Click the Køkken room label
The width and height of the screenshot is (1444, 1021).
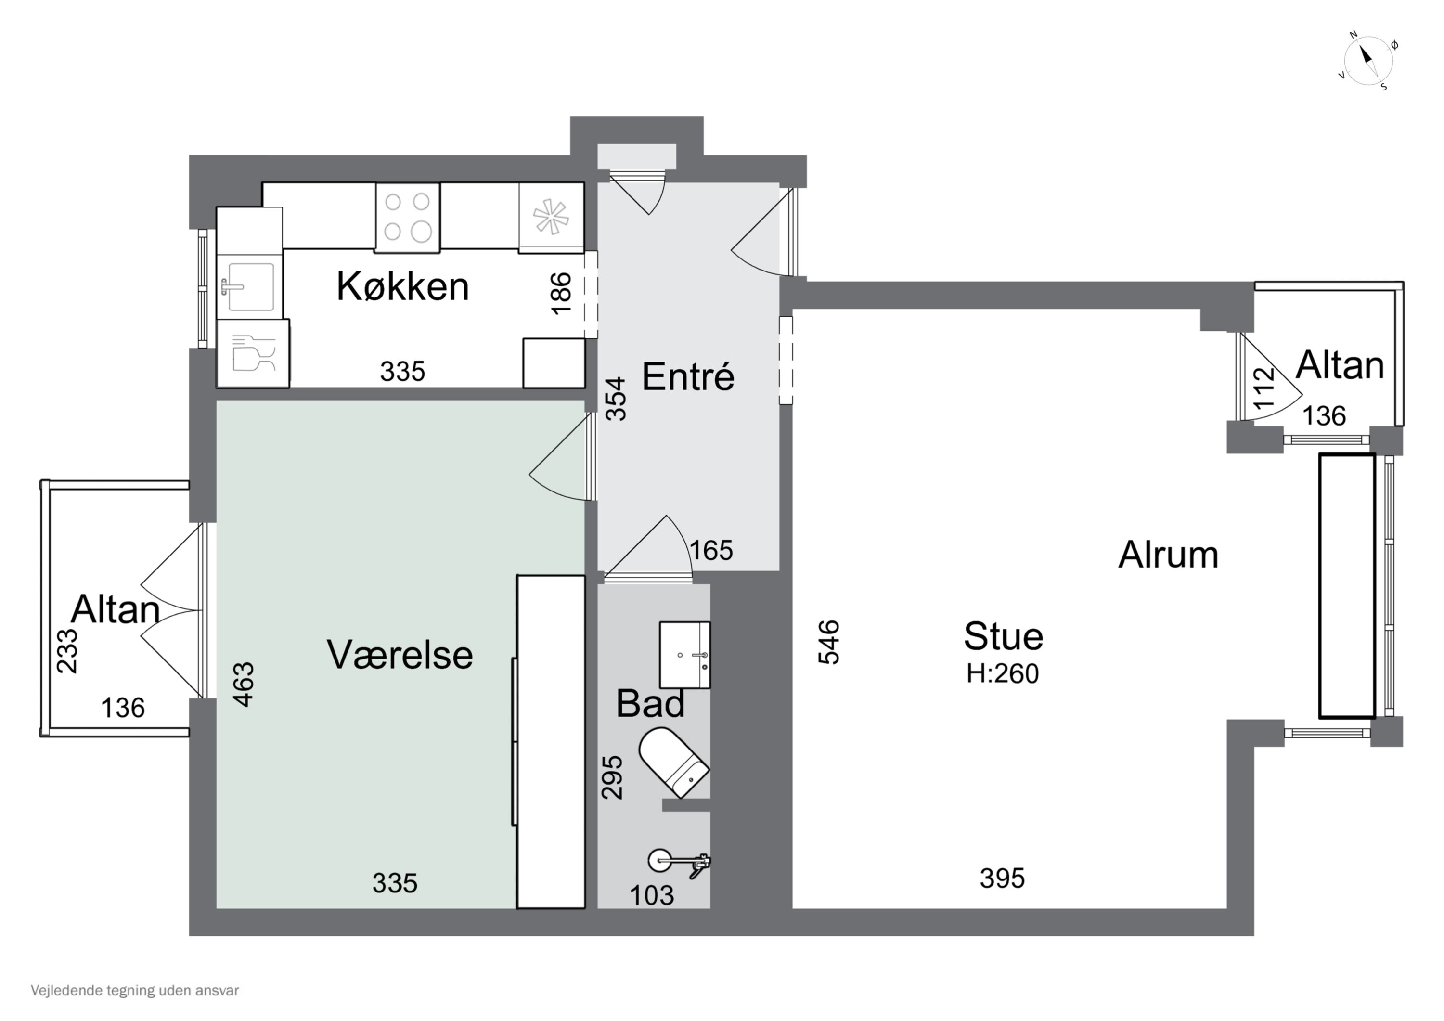[402, 287]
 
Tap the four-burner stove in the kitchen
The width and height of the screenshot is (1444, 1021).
[407, 217]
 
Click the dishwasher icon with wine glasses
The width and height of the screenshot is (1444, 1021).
[253, 353]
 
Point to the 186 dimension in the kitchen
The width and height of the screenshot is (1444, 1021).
[561, 293]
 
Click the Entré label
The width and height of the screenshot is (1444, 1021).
[688, 377]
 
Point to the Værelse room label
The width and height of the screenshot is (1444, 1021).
[400, 655]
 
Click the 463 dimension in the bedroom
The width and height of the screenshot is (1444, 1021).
[244, 685]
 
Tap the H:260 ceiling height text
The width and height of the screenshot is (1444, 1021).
[1003, 674]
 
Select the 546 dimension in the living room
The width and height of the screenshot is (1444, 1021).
[829, 642]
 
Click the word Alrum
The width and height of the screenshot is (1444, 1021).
[1168, 555]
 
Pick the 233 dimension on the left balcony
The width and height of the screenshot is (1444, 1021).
[68, 651]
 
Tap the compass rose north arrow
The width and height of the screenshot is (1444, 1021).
[1367, 61]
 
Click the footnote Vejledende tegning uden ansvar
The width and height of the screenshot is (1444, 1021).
[135, 991]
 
